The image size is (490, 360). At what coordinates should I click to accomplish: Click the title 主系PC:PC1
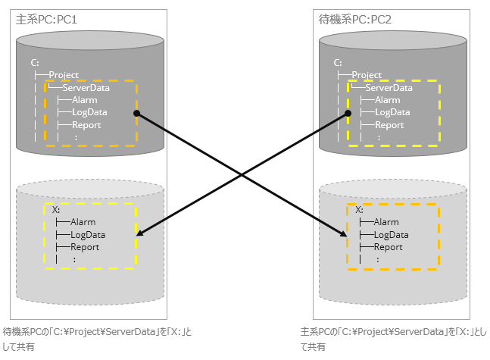46,18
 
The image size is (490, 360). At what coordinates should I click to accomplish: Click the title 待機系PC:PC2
355,18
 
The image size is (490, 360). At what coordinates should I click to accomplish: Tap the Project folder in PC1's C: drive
64,75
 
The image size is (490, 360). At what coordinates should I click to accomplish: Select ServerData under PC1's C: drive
86,88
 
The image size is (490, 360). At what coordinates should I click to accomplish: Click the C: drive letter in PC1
35,63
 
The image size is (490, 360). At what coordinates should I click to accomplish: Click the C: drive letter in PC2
338,63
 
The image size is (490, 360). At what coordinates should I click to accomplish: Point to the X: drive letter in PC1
57,209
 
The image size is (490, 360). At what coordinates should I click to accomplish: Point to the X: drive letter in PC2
360,209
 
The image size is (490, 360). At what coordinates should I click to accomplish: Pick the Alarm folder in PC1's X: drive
83,222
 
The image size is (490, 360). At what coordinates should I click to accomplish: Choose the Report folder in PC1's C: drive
86,125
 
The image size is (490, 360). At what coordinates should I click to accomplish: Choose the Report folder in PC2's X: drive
388,247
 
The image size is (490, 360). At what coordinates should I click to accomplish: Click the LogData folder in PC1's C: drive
88,112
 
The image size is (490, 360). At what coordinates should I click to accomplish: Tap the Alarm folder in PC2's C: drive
387,100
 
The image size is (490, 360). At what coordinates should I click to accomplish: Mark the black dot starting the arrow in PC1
137,113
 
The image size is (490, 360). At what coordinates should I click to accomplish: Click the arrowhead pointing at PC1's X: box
142,236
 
